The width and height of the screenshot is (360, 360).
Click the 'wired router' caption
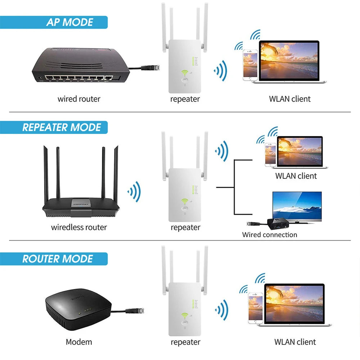tap(79, 99)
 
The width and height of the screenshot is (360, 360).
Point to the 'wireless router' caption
tap(79, 228)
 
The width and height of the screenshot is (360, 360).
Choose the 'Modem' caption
tap(79, 342)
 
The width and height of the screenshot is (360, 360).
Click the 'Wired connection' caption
tap(270, 235)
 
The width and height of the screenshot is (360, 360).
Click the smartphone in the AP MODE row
tap(250, 65)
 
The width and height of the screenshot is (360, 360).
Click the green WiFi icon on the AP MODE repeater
tap(185, 73)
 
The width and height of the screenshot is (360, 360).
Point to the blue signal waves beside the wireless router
tap(134, 192)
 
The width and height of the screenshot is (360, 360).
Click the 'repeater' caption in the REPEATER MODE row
tap(185, 228)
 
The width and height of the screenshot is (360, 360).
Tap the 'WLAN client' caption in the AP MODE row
tap(289, 99)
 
